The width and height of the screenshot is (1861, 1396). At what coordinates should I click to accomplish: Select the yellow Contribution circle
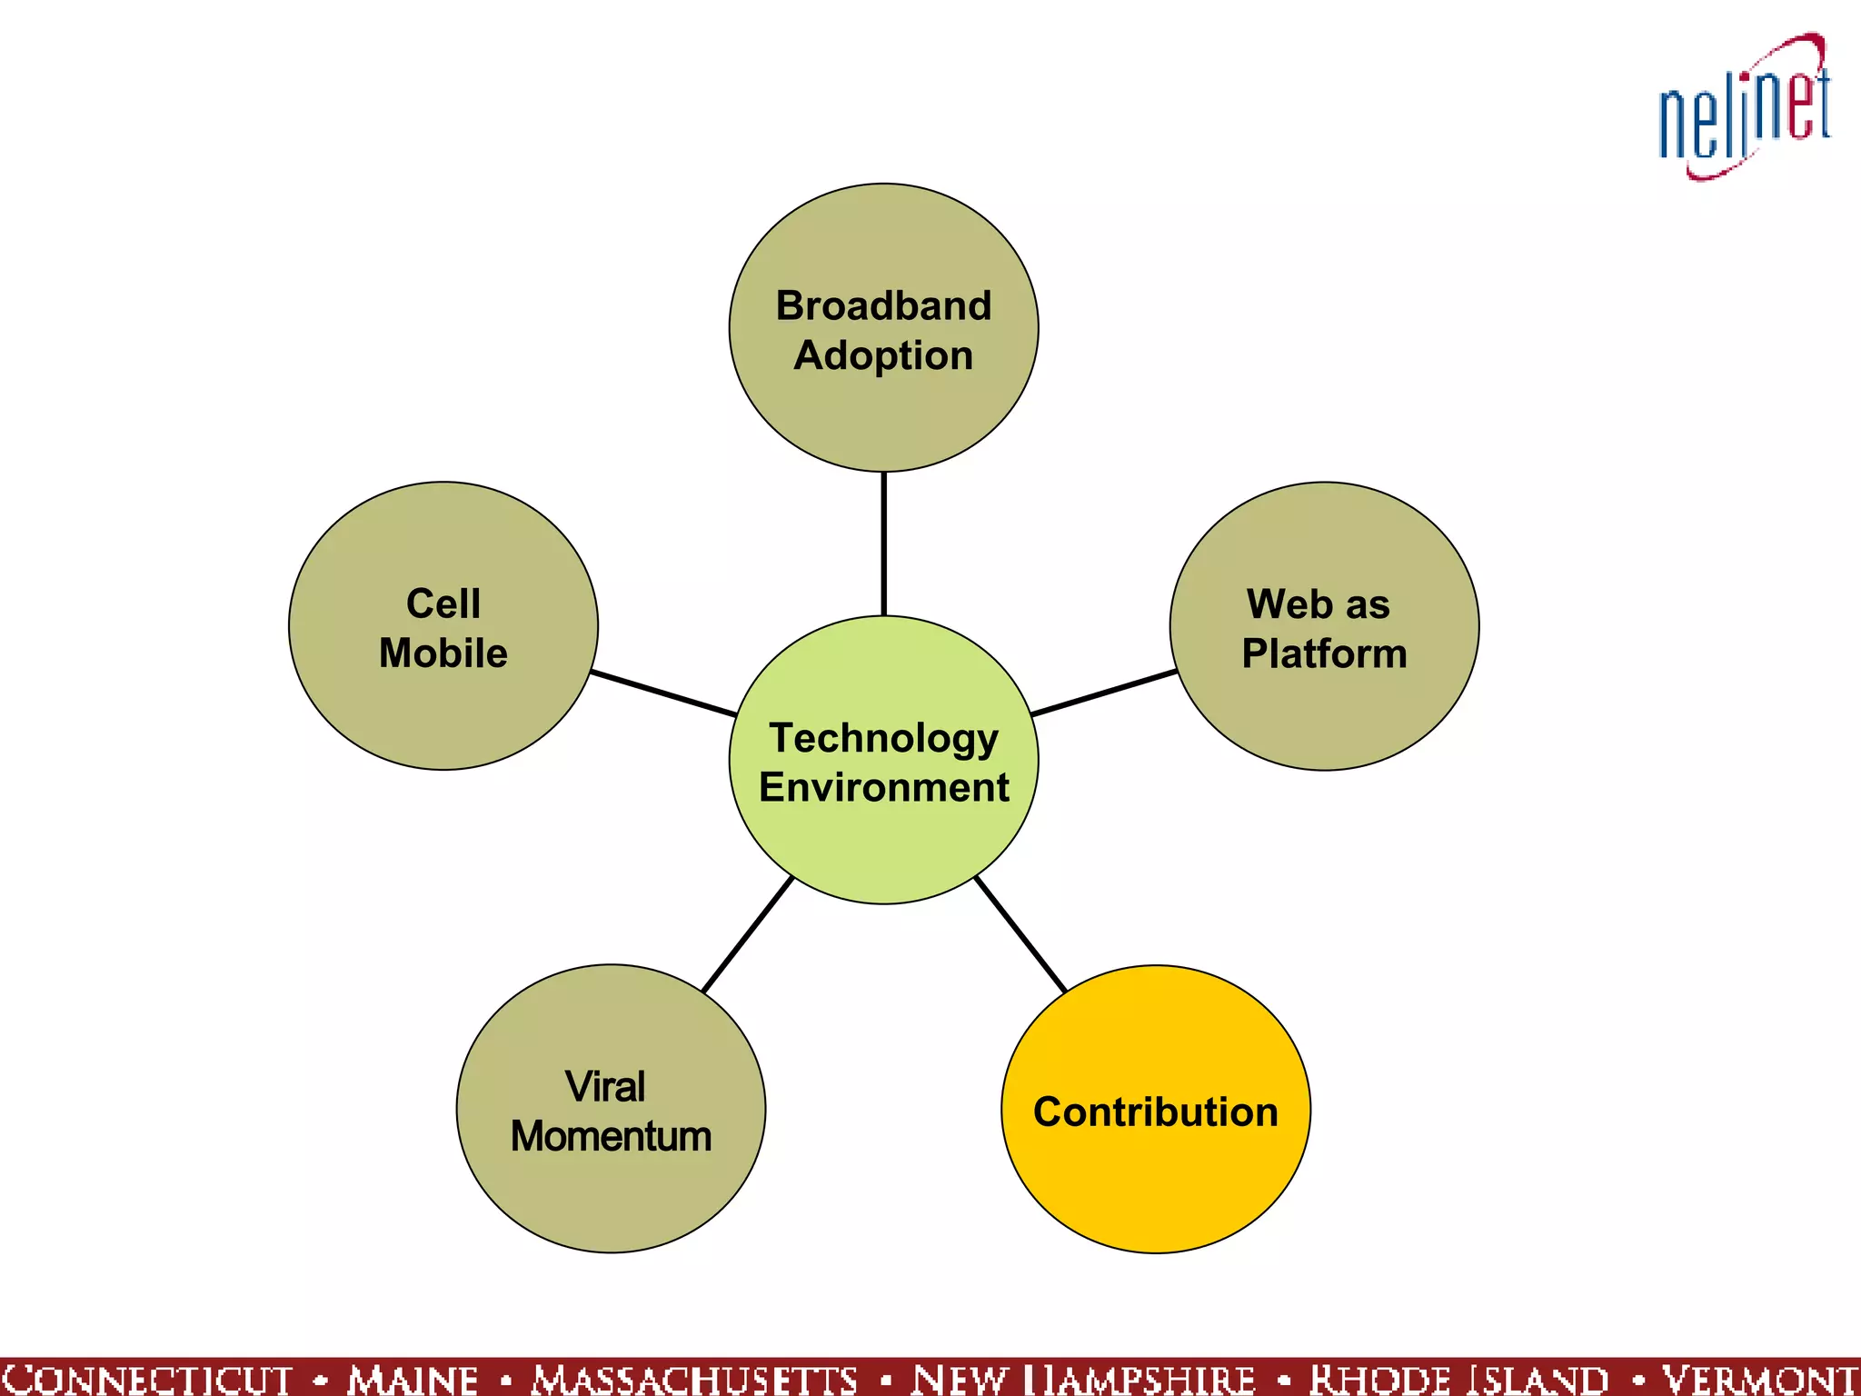[1155, 1172]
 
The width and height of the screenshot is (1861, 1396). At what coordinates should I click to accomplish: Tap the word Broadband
[883, 305]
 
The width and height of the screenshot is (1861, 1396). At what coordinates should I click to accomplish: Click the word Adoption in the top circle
[883, 355]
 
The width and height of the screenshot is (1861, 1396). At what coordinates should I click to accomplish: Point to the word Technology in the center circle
[883, 738]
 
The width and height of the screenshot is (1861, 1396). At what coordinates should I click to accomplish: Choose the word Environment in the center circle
[883, 787]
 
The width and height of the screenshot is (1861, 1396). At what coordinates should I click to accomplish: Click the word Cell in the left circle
[443, 603]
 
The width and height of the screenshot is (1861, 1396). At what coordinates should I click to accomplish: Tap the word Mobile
[443, 653]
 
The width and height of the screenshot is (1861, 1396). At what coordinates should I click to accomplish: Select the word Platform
[1324, 653]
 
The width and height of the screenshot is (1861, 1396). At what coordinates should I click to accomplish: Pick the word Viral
[605, 1086]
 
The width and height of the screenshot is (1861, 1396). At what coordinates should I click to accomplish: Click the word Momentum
[611, 1136]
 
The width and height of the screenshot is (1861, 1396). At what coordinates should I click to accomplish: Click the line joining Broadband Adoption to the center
[883, 543]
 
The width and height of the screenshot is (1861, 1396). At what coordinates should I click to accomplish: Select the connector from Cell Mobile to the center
[663, 693]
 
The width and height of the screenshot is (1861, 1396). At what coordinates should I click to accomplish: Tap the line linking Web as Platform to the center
[1104, 693]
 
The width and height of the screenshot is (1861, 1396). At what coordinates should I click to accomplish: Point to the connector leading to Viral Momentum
[748, 934]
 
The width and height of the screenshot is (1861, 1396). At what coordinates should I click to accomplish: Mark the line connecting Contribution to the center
[1020, 934]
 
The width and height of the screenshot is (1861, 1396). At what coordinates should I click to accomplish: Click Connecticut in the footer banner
[147, 1379]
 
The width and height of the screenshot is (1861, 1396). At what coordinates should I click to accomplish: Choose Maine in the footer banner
[413, 1379]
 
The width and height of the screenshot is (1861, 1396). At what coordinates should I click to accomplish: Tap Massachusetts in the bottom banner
[694, 1379]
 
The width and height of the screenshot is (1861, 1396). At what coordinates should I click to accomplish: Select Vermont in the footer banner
[1759, 1379]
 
